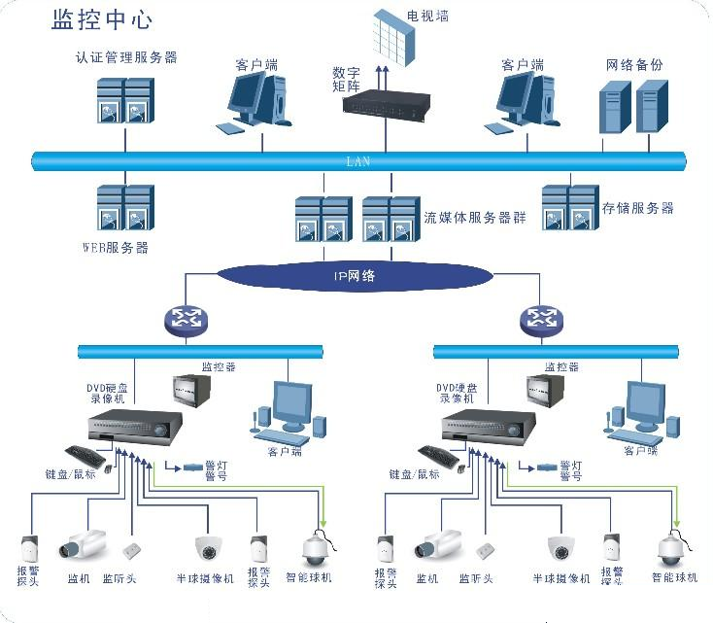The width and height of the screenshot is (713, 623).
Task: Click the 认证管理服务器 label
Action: (126, 57)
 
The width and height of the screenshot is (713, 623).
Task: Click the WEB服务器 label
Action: (116, 248)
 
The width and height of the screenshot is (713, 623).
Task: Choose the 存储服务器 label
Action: (637, 208)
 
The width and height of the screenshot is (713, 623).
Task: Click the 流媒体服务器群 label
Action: (475, 217)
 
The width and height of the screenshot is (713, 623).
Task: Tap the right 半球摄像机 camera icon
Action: (561, 548)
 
